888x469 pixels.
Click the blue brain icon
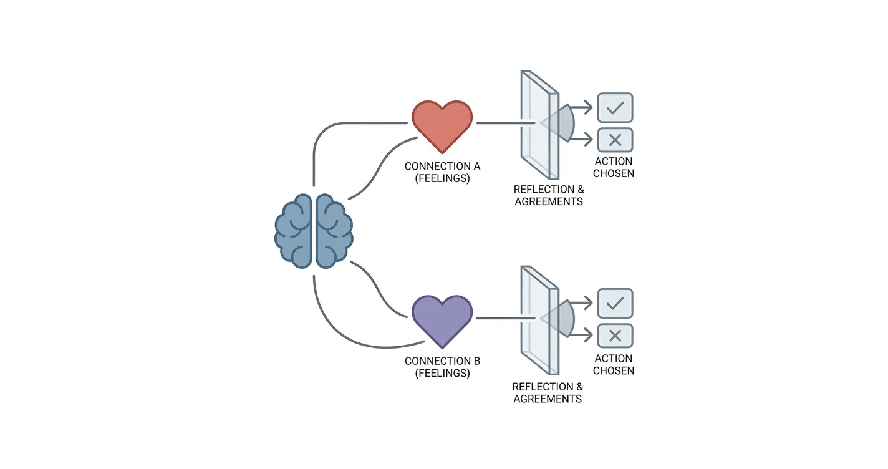314,231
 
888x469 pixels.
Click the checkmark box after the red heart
615,107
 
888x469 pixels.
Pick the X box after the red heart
615,140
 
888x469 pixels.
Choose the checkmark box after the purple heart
615,303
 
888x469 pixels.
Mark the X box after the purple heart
615,336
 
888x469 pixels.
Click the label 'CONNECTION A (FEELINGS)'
442,172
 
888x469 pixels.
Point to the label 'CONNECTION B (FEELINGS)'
442,367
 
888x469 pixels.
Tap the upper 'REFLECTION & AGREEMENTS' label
549,195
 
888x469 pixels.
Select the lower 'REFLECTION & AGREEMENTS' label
548,392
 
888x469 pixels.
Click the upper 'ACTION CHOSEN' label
613,167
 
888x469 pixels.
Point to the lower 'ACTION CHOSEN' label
613,364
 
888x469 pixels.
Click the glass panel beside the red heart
539,125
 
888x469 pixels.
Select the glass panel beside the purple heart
539,321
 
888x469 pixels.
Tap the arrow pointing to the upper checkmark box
581,107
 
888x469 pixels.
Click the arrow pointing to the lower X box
581,336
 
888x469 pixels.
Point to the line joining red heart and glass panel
506,123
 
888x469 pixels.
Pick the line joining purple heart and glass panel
506,318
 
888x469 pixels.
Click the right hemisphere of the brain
334,231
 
